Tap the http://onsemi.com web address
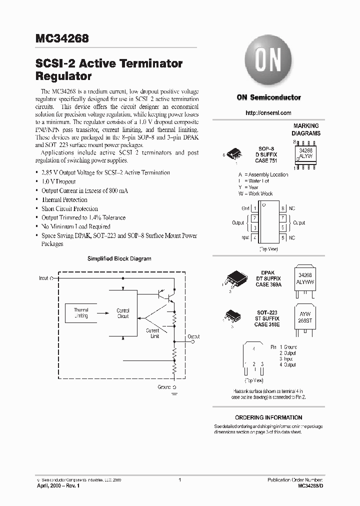tap(268, 113)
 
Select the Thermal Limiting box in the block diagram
tap(80, 313)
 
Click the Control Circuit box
tap(122, 313)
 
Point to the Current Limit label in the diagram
tap(152, 333)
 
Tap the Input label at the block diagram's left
tap(44, 277)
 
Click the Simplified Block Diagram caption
tap(119, 258)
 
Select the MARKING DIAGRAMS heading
tap(306, 130)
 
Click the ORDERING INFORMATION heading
tap(268, 417)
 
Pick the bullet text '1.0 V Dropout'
tap(58, 181)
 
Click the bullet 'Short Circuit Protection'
tap(69, 208)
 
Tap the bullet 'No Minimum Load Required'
tap(76, 226)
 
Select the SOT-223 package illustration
tap(233, 314)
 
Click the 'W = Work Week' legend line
tap(255, 193)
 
